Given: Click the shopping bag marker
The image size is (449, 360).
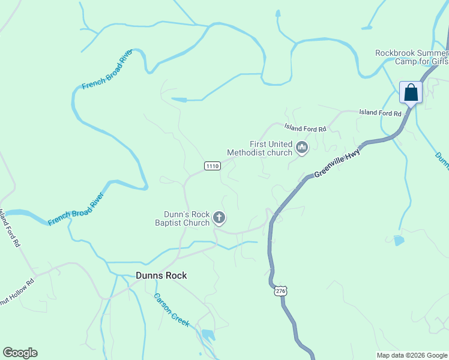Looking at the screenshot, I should [x=411, y=93].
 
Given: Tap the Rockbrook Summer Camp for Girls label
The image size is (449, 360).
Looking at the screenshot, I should [x=411, y=57].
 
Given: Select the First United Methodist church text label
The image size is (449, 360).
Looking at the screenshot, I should [x=259, y=148].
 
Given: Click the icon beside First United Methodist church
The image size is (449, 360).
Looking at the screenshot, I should [x=301, y=147].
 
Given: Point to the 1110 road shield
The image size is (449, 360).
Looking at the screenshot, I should [x=211, y=166].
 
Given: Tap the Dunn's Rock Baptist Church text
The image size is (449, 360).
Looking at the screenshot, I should [x=187, y=218].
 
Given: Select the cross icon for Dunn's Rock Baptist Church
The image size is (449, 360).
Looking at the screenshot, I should [x=219, y=218].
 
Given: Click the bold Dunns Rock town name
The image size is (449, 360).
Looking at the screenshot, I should [x=161, y=275].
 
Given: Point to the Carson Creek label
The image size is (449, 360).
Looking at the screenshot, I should [x=172, y=310].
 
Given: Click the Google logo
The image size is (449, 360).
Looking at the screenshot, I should [x=20, y=353].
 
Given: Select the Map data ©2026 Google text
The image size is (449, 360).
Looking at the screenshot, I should [x=411, y=355].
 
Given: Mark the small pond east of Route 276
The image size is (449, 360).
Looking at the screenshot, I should [x=399, y=241].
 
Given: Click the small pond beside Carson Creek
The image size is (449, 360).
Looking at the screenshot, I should [x=208, y=334].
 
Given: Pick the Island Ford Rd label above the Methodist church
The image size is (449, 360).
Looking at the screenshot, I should [x=305, y=128].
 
